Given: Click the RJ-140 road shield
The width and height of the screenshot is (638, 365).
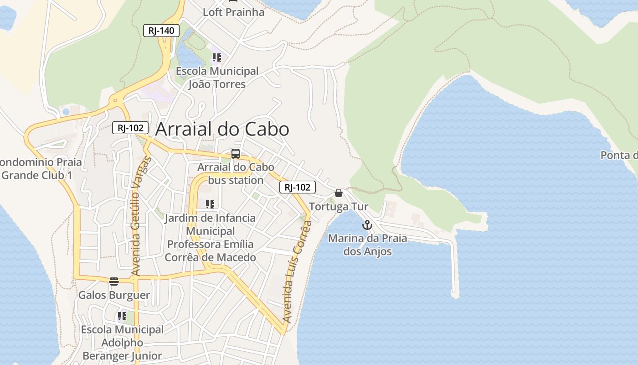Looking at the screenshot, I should pyautogui.click(x=161, y=31).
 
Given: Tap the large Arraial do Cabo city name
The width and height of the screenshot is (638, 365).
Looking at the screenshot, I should pyautogui.click(x=222, y=129).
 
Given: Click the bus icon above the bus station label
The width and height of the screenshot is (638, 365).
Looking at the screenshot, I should pyautogui.click(x=235, y=154).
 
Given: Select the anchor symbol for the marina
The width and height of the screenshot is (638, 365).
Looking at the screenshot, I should pyautogui.click(x=367, y=225).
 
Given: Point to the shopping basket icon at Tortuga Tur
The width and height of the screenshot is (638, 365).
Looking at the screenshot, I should pyautogui.click(x=338, y=193).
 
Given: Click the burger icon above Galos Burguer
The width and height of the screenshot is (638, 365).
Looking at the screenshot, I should pyautogui.click(x=114, y=281).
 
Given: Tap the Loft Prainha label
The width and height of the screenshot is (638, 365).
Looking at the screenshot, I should pyautogui.click(x=233, y=12).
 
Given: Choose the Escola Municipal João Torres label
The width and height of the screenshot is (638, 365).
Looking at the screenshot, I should pyautogui.click(x=217, y=78).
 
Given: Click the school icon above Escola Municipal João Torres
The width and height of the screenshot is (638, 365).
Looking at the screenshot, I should pyautogui.click(x=216, y=57).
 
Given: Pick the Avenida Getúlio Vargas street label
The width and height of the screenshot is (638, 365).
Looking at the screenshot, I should pyautogui.click(x=140, y=216).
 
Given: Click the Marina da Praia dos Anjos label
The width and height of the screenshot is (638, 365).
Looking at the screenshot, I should pyautogui.click(x=367, y=245).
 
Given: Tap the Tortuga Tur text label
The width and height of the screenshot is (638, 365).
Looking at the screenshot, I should pyautogui.click(x=338, y=207).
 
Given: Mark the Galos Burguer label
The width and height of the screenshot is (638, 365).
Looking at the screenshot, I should pyautogui.click(x=114, y=295).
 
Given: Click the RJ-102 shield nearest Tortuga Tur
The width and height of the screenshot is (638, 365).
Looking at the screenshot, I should pyautogui.click(x=297, y=187).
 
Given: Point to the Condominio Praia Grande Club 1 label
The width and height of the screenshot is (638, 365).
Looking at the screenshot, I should pyautogui.click(x=38, y=168).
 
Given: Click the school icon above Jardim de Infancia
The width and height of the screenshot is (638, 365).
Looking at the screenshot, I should pyautogui.click(x=210, y=204).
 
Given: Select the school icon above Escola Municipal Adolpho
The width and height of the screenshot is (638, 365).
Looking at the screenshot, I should pyautogui.click(x=122, y=316).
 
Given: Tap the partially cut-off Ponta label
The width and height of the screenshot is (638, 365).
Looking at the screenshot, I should pyautogui.click(x=619, y=155).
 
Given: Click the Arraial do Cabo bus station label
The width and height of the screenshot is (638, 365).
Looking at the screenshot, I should pyautogui.click(x=236, y=173).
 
